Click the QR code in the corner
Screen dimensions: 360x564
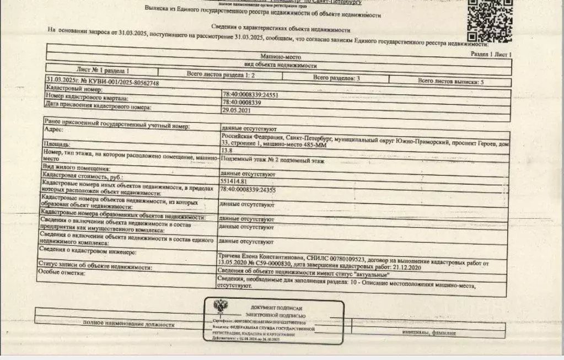pyautogui.click(x=490, y=21)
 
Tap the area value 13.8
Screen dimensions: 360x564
pyautogui.click(x=226, y=150)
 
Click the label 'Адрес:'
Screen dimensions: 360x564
pyautogui.click(x=53, y=130)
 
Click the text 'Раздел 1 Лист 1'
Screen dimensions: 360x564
pyautogui.click(x=491, y=54)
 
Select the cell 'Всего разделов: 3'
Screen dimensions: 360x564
pyautogui.click(x=336, y=78)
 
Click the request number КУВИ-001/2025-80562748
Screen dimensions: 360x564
pyautogui.click(x=103, y=83)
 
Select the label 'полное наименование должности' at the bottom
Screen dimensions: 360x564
pyautogui.click(x=128, y=324)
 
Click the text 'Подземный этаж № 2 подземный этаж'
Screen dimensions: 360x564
pyautogui.click(x=272, y=161)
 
